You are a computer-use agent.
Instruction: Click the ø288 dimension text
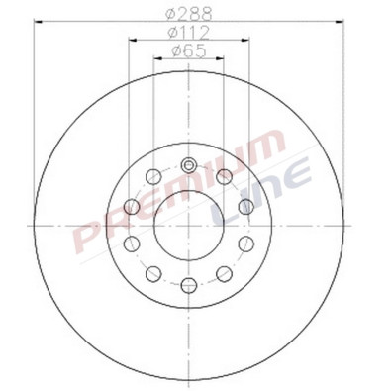pos(188,13)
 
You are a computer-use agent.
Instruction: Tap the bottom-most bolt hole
pos(188,285)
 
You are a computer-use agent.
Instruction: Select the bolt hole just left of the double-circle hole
pos(153,176)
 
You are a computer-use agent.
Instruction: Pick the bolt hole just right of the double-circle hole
pos(225,176)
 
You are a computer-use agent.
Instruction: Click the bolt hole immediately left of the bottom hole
pos(153,273)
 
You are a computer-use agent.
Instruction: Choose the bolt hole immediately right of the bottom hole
pos(225,273)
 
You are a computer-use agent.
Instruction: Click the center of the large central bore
pos(188,225)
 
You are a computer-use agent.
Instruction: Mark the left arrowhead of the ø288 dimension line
pos(37,22)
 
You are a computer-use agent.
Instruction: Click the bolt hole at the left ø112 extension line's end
pos(131,206)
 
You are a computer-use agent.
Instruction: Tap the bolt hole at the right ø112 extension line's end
pos(245,206)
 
